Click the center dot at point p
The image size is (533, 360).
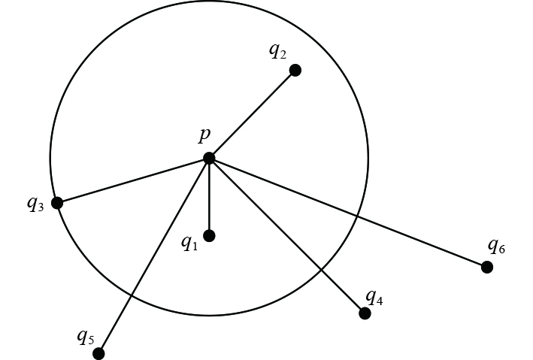pos(209,158)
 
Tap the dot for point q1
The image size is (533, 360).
pos(209,235)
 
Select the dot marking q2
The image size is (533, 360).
pos(295,70)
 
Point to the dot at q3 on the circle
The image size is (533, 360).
pos(57,202)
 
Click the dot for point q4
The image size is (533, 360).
pos(365,313)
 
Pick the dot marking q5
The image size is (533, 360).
pos(98,353)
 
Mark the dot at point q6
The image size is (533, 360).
pos(487,267)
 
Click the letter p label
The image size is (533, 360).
pos(204,135)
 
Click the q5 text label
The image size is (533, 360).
pos(85,337)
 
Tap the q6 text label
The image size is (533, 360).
pos(496,245)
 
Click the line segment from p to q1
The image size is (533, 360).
pos(209,197)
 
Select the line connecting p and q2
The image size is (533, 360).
pos(253,113)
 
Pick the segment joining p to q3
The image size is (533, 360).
pos(133,180)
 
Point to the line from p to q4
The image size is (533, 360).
pos(287,236)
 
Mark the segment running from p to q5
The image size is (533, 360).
pos(153,256)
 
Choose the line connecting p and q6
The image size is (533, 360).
pos(348,213)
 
